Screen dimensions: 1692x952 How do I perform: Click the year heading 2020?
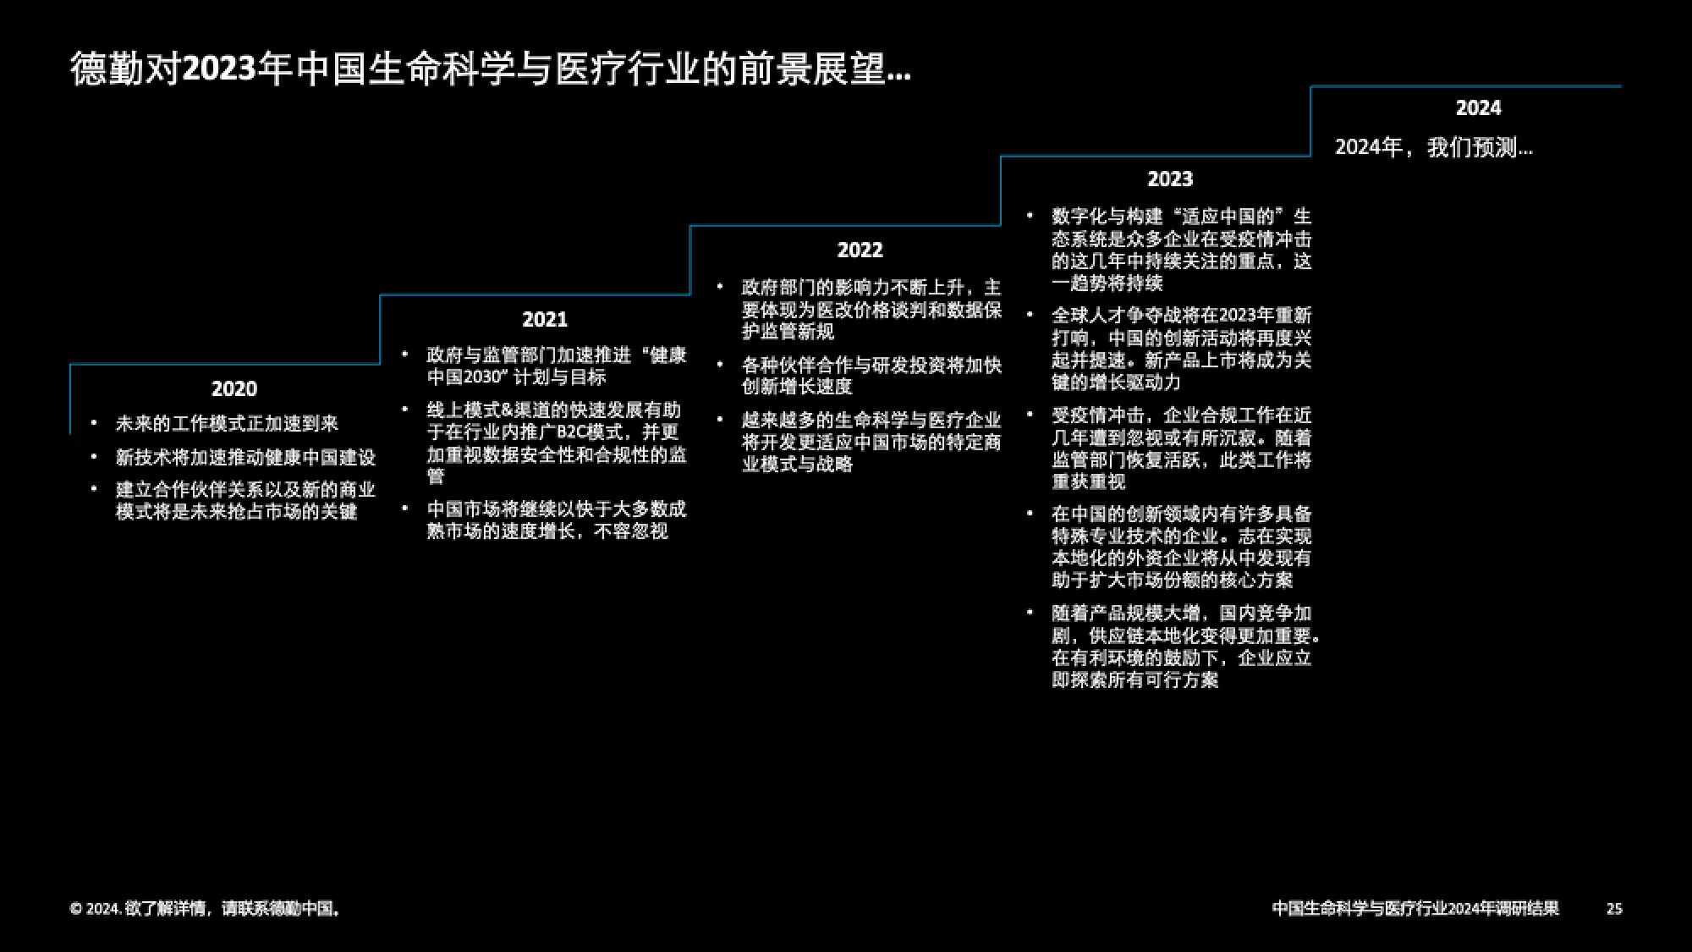point(233,388)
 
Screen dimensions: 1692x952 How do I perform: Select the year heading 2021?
point(545,319)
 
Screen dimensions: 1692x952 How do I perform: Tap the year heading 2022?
point(860,250)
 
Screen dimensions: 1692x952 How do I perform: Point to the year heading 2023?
point(1170,179)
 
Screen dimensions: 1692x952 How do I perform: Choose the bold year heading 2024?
point(1478,107)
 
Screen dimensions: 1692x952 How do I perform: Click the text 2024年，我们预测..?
point(1433,147)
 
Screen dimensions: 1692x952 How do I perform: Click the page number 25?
point(1614,909)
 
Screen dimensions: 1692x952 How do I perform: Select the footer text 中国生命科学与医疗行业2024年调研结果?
point(1415,909)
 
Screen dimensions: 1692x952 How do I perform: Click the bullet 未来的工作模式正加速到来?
point(227,423)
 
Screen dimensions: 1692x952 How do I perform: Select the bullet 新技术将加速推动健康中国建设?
point(245,457)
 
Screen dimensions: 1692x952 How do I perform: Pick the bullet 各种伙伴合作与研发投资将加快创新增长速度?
point(871,376)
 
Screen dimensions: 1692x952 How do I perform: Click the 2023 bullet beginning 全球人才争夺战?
point(1181,349)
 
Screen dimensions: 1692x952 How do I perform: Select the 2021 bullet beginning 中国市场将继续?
point(557,520)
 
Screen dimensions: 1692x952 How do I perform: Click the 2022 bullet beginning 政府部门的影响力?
point(871,310)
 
